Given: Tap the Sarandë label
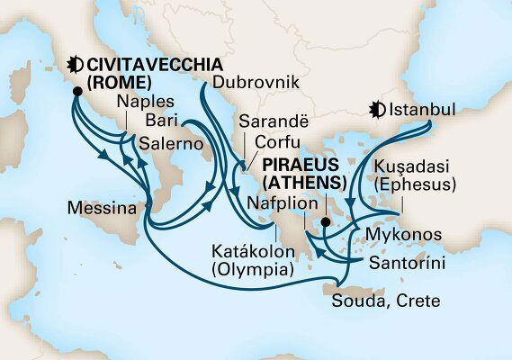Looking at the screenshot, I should [x=267, y=123].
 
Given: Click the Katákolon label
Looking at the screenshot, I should [x=248, y=251].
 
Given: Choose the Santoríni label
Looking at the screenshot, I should [x=403, y=265].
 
